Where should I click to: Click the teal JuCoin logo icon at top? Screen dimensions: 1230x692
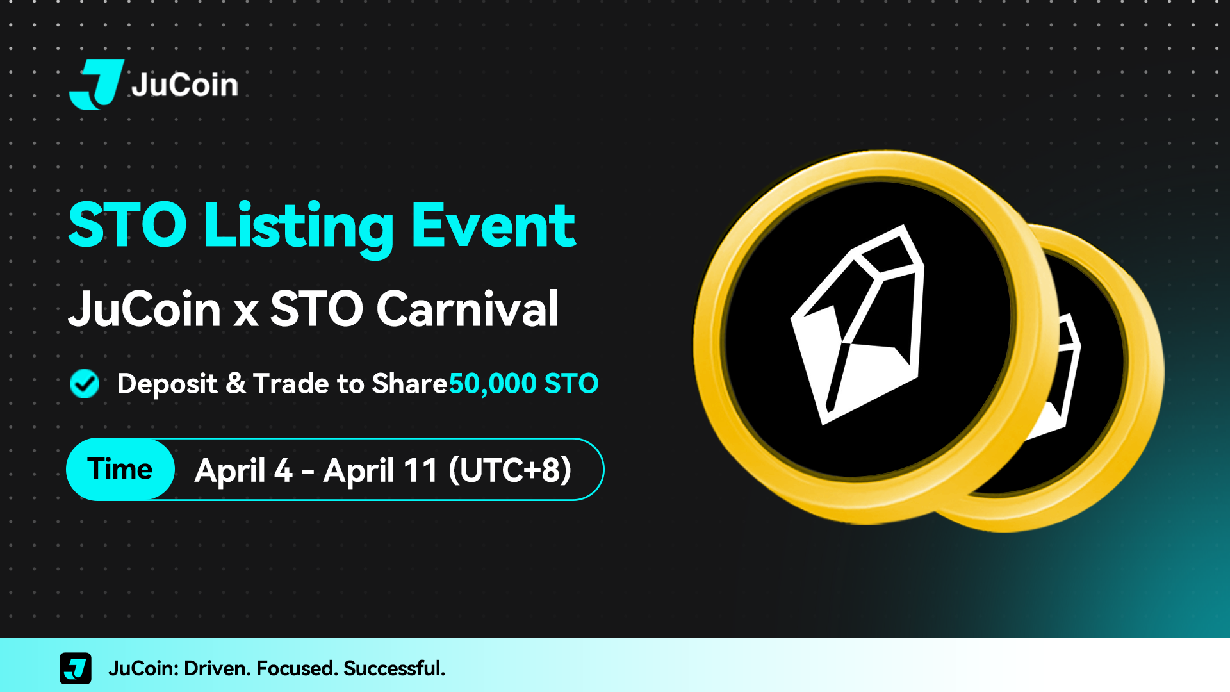coord(97,84)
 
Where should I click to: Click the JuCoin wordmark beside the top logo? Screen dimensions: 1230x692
coord(184,85)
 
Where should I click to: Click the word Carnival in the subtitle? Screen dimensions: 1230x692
coord(468,309)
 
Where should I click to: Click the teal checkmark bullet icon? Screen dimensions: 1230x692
coord(85,384)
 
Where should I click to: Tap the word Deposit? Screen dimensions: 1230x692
coord(167,384)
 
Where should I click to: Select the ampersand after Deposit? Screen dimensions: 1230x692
coord(236,384)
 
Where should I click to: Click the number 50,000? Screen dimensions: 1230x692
coord(493,384)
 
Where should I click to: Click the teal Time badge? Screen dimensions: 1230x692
coord(120,469)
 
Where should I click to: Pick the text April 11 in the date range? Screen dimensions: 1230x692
coord(381,470)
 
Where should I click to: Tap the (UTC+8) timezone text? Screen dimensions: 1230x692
coord(510,470)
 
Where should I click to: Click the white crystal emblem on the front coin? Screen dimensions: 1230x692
coord(857,324)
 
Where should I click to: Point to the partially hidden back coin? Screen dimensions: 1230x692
coord(1089,384)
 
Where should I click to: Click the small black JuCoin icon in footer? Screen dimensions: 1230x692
coord(76,668)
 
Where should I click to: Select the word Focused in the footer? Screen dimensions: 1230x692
coord(297,668)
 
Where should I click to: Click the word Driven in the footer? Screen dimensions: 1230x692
coord(217,668)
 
